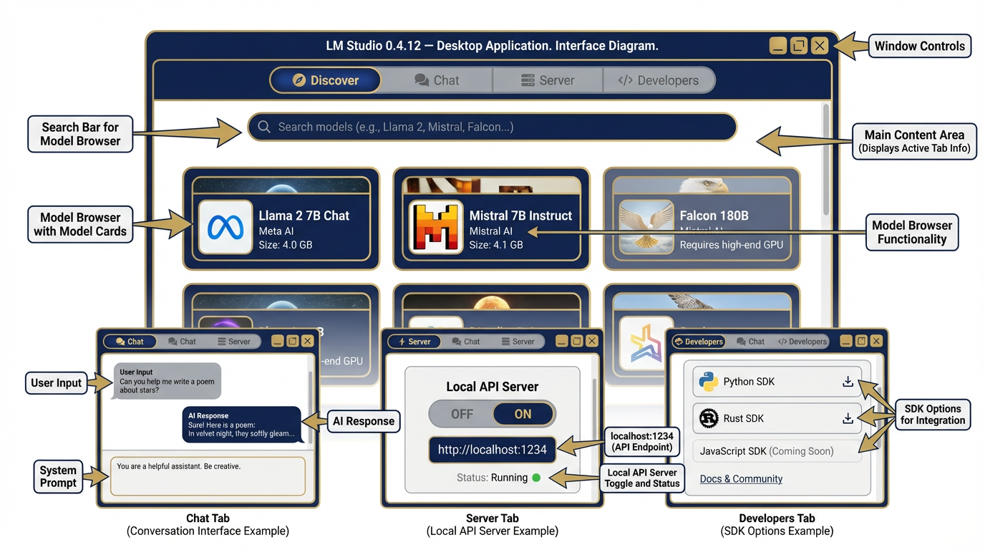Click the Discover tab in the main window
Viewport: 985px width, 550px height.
pos(326,80)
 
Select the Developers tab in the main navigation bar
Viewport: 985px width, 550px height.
pos(659,80)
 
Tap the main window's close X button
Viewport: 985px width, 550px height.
pos(820,46)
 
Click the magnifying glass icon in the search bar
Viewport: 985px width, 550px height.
pos(264,127)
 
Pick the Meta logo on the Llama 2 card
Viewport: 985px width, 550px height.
pos(225,228)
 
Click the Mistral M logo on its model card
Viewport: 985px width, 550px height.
pos(436,228)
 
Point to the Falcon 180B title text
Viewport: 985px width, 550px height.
pos(714,216)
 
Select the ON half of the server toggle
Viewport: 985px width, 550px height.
pos(523,414)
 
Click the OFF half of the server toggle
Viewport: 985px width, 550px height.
pos(462,414)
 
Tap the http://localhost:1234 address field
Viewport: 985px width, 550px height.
pos(492,450)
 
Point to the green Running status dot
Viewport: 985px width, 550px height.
pos(536,478)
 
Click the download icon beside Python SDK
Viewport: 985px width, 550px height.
pos(848,382)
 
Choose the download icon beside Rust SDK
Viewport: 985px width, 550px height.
pos(848,418)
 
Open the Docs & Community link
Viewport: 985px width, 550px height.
pos(741,479)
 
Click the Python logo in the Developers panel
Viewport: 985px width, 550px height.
pos(709,382)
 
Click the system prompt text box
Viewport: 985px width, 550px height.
pos(208,476)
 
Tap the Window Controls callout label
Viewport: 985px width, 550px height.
pos(919,46)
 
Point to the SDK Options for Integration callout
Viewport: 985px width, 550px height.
pos(932,415)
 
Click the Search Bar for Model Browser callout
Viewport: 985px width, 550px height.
pos(80,134)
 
